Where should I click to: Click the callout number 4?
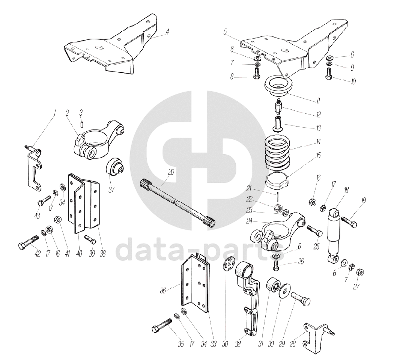(167, 32)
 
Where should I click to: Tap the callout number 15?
(318, 155)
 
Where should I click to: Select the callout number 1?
(54, 112)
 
